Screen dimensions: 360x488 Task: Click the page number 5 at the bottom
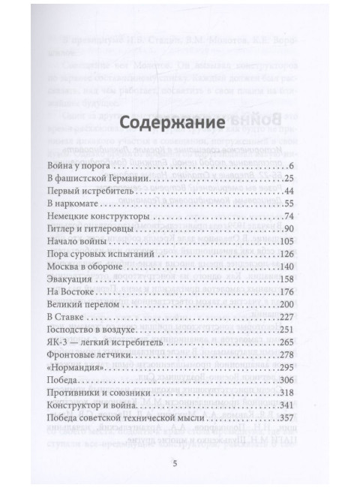(175, 464)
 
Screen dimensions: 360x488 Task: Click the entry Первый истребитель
(96, 191)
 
